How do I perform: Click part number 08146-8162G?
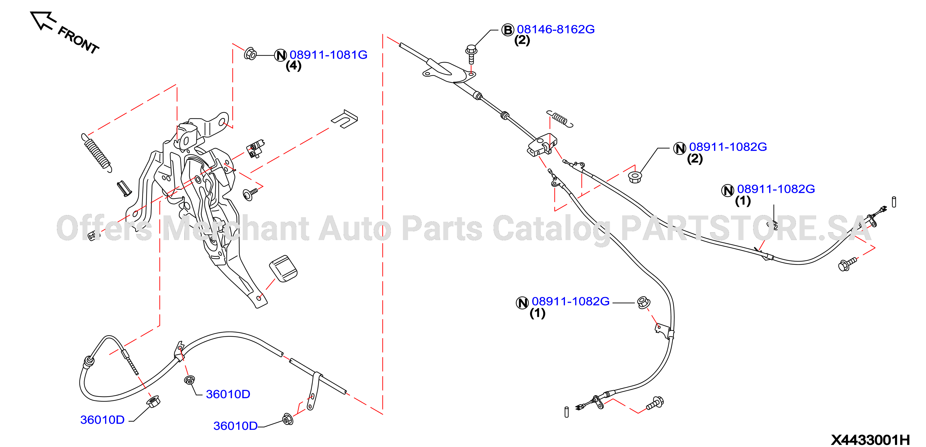click(555, 29)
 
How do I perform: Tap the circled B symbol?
click(508, 30)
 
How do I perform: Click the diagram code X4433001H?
click(870, 439)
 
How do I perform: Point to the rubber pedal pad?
click(283, 268)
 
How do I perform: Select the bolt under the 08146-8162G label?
click(471, 54)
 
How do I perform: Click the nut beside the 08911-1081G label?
click(250, 54)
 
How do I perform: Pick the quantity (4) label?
click(293, 66)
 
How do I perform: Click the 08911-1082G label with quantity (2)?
click(728, 147)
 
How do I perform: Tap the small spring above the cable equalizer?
click(560, 118)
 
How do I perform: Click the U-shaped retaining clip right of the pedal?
click(345, 119)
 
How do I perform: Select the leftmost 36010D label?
click(102, 420)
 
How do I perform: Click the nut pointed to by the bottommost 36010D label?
click(288, 419)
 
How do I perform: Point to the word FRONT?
click(78, 40)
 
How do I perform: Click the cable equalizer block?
click(542, 145)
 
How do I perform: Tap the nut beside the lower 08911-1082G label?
click(643, 302)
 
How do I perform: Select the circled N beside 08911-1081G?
click(280, 55)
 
